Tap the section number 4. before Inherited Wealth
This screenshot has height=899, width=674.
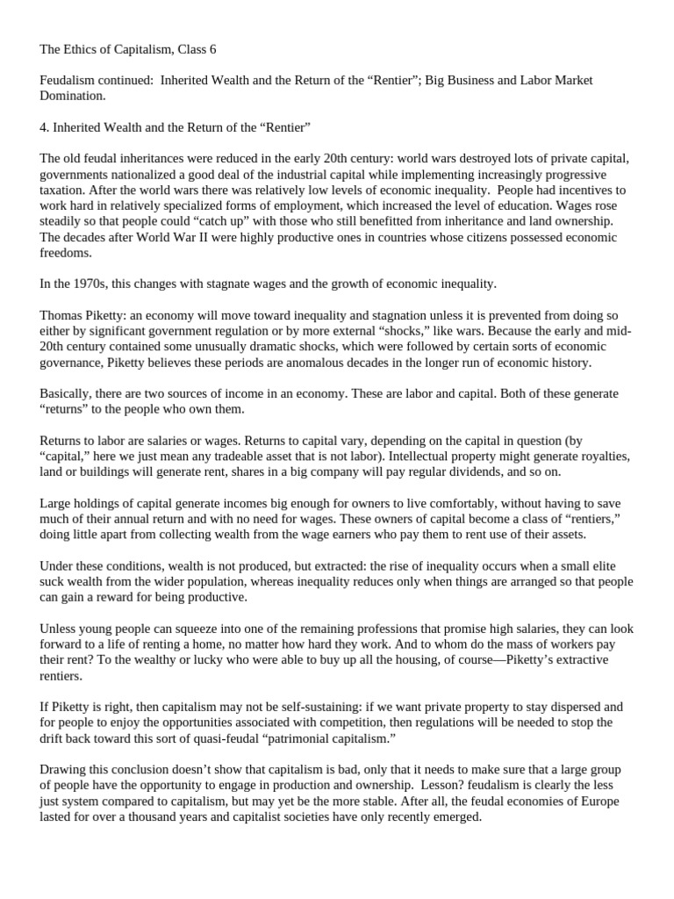[45, 127]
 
